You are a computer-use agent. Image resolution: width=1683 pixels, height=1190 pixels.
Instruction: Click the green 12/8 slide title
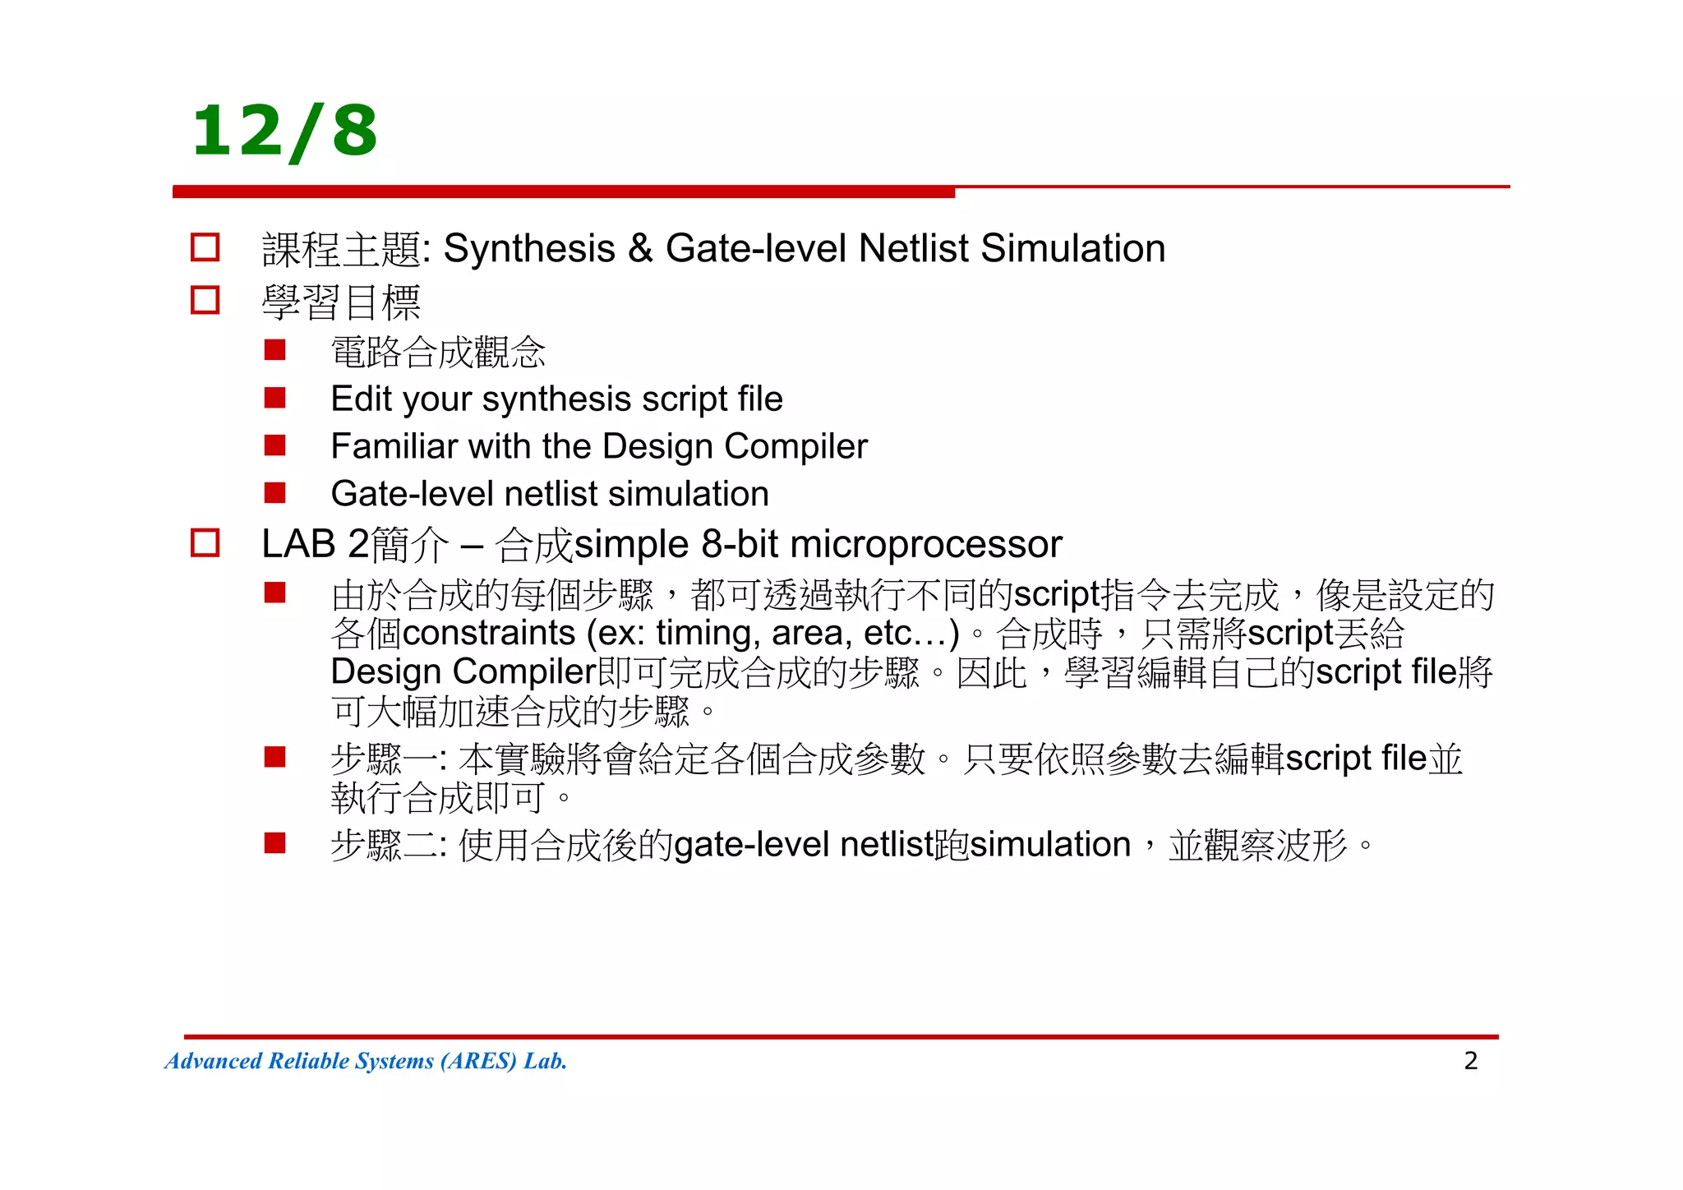(x=284, y=131)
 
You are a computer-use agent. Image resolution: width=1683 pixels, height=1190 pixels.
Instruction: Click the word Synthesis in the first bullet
(x=529, y=248)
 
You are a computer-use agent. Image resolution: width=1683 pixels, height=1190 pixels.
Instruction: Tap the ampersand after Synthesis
(x=640, y=248)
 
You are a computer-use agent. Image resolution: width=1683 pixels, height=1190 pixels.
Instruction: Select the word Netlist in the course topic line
(x=913, y=248)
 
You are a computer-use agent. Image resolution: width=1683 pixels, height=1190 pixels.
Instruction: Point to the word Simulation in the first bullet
(x=1072, y=248)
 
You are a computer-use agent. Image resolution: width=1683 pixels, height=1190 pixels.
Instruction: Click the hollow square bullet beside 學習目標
(x=205, y=300)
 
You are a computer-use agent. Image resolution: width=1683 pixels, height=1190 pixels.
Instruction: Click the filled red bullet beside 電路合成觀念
(x=274, y=351)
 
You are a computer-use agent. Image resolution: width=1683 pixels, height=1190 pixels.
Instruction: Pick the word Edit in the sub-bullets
(x=361, y=399)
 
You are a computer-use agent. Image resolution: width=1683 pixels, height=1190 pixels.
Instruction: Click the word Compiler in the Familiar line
(x=795, y=446)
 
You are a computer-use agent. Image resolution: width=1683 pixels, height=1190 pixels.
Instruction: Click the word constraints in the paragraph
(x=489, y=633)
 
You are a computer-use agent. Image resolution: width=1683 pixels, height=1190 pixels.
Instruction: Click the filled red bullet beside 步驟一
(x=274, y=757)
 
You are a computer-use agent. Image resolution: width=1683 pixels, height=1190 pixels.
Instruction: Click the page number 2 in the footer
(x=1470, y=1060)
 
